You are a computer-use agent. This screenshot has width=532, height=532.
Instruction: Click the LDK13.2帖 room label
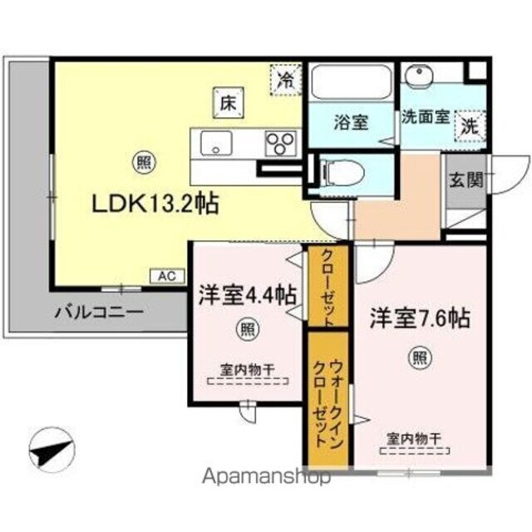[x=155, y=203]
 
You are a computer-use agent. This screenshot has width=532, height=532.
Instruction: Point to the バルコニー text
[x=100, y=313]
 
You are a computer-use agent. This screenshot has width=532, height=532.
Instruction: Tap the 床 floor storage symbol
[x=225, y=103]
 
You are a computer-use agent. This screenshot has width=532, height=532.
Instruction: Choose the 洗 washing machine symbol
[x=469, y=126]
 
